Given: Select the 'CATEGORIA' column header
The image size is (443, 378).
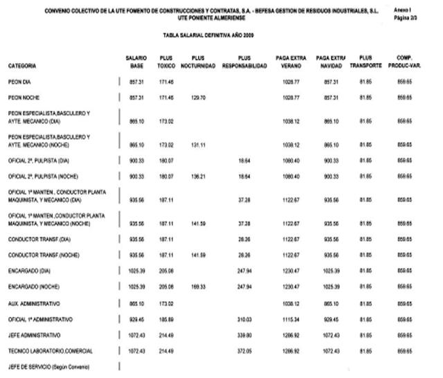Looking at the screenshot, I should pos(22,66).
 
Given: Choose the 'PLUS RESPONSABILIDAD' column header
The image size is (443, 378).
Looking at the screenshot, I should pos(244,62).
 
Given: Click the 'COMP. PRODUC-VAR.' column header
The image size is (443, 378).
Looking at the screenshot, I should pos(405,62).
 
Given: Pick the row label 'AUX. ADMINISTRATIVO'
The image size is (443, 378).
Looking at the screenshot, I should pos(34,304).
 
